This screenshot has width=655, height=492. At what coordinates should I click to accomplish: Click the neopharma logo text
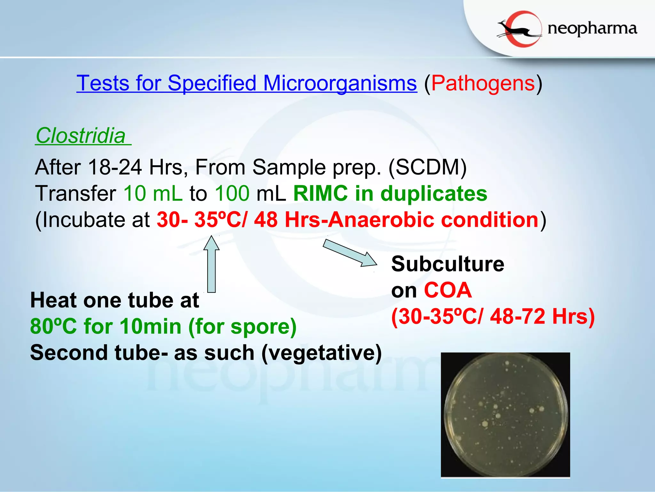click(592, 29)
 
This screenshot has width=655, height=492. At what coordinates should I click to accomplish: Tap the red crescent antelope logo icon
click(520, 29)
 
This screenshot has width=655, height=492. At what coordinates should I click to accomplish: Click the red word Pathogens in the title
click(483, 83)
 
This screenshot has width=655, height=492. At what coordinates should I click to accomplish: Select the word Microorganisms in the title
click(340, 83)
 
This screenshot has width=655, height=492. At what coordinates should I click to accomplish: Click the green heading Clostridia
click(81, 136)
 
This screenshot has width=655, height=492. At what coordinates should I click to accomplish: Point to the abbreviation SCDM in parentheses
click(428, 167)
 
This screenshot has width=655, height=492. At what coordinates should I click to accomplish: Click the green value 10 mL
click(153, 193)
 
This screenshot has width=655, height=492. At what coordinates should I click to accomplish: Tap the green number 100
click(232, 193)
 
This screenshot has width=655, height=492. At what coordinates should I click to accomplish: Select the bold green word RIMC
click(320, 193)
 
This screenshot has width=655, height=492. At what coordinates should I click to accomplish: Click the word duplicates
click(434, 193)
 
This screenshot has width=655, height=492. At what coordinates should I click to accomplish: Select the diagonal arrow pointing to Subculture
click(350, 253)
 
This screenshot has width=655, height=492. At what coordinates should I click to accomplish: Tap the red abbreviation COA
click(448, 290)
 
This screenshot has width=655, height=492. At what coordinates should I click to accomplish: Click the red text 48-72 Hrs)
click(542, 316)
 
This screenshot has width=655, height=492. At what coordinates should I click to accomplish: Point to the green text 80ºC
click(53, 326)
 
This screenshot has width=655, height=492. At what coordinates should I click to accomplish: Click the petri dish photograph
click(505, 415)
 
